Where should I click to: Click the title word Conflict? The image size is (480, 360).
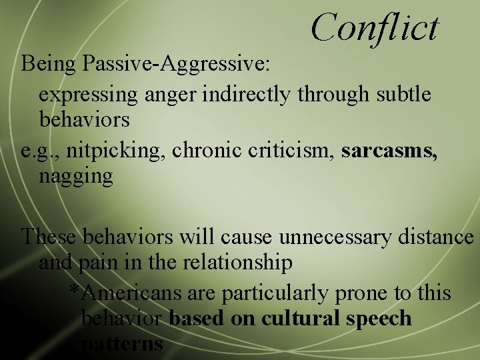[x=375, y=28]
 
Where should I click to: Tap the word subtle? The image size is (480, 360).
[x=399, y=94]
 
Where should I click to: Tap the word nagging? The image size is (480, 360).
[x=75, y=177]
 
